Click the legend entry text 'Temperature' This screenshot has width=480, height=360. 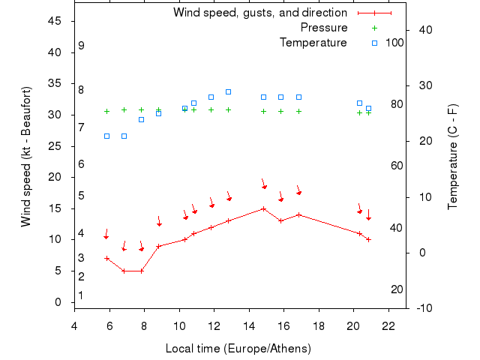click(313, 43)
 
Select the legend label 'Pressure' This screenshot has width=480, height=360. click(323, 28)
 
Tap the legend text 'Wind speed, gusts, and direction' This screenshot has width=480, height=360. click(259, 13)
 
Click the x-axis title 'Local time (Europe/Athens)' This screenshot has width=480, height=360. click(238, 349)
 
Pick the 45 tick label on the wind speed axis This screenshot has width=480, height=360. click(54, 21)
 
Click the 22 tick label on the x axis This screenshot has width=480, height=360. click(388, 326)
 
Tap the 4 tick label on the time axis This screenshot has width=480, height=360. click(74, 326)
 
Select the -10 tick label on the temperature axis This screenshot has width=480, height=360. click(422, 307)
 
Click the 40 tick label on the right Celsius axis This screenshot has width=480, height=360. click(422, 30)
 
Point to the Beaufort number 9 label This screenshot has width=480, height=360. click(81, 46)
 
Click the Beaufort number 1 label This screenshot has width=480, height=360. click(81, 295)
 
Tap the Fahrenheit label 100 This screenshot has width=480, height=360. click(394, 43)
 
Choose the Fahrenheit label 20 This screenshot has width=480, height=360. click(397, 289)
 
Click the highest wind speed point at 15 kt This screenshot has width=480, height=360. click(263, 208)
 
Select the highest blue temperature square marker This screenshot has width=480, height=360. click(228, 91)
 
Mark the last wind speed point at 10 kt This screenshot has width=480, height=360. click(368, 239)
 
